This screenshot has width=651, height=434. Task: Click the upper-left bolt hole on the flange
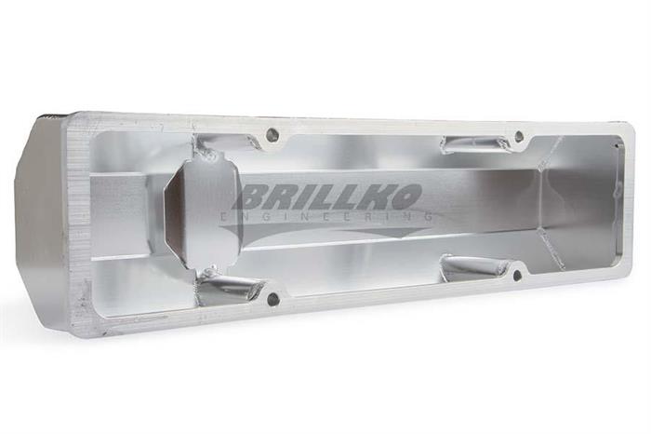click(272, 133)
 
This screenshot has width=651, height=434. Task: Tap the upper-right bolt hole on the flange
click(519, 134)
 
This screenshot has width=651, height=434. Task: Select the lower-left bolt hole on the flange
click(272, 298)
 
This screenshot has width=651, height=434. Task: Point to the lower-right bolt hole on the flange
click(517, 275)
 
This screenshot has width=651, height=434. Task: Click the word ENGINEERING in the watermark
click(328, 217)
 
